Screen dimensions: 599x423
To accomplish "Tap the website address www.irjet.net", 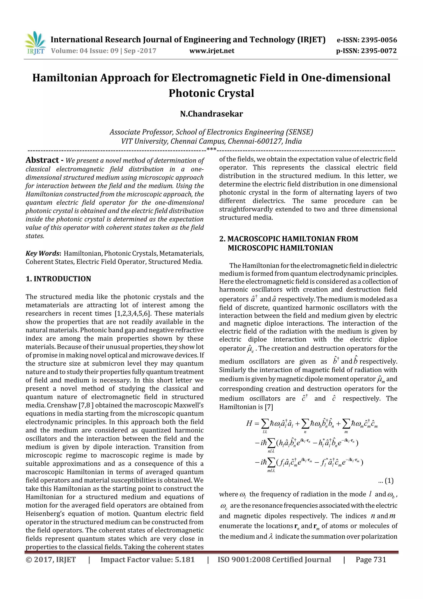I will tap(212, 51).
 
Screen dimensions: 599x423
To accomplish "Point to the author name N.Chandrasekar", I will tap(211, 114).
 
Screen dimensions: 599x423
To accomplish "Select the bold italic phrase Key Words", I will tap(43, 253).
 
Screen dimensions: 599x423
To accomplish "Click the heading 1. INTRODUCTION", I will tap(58, 279).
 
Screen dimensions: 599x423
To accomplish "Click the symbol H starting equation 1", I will tap(249, 423).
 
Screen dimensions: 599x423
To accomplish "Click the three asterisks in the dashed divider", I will tap(211, 149).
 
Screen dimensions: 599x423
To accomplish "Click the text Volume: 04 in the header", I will tap(70, 51).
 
